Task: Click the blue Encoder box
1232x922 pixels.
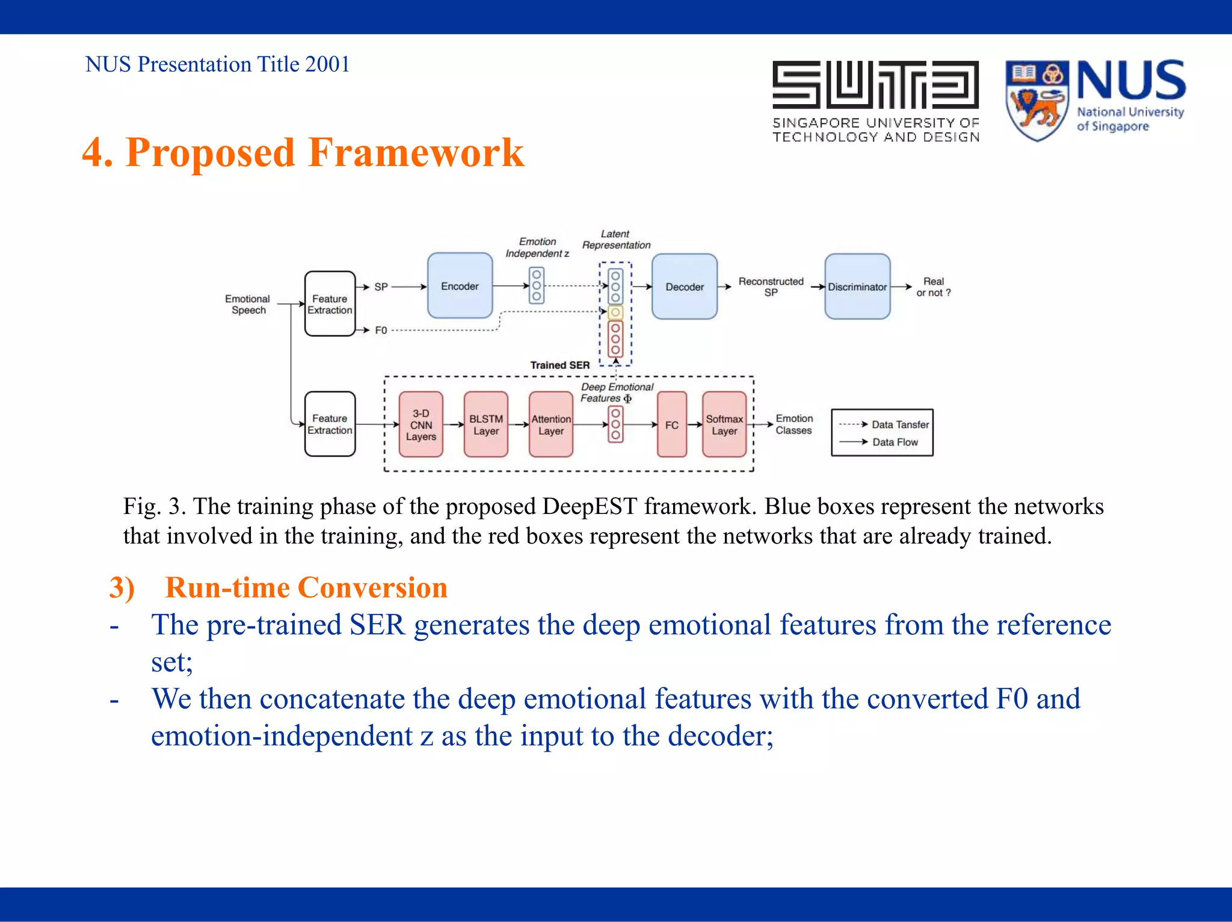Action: click(460, 286)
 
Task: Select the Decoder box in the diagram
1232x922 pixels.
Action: click(684, 286)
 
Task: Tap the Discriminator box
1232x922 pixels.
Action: click(857, 286)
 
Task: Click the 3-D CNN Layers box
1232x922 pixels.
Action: click(420, 424)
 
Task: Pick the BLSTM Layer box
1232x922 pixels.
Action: click(485, 424)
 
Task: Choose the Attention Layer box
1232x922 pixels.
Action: click(550, 424)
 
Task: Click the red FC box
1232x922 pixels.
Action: click(671, 424)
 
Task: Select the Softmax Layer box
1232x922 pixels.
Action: click(724, 424)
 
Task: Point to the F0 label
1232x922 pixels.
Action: click(381, 330)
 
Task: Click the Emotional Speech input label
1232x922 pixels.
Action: click(247, 304)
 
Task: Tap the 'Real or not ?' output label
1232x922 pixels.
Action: click(933, 286)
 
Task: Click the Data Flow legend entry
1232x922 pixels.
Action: click(895, 442)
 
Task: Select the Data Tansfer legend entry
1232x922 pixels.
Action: click(899, 424)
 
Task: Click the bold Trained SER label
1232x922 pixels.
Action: click(559, 365)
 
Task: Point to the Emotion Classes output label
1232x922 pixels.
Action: click(793, 424)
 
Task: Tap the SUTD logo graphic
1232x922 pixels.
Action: click(875, 84)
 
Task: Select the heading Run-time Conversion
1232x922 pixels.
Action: click(306, 587)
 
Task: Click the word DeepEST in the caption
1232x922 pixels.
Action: click(589, 506)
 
